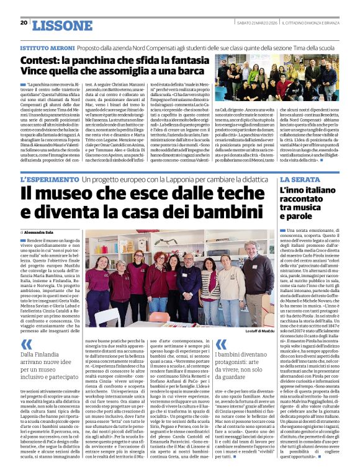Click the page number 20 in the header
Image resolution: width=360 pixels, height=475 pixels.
pyautogui.click(x=24, y=23)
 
